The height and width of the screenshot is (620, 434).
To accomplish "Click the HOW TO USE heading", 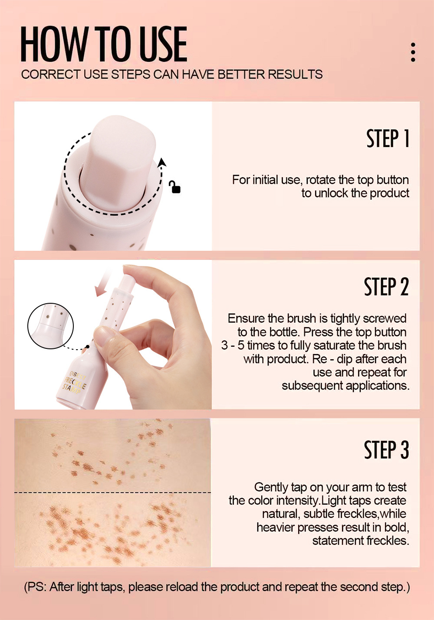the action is pos(104,44).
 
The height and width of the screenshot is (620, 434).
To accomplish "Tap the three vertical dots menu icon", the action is pos(413,52).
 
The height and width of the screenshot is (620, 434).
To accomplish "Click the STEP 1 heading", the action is pos(388,138).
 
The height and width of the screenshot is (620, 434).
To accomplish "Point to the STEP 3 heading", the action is pos(386,450).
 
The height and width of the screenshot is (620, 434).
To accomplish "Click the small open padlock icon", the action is pos(174,187).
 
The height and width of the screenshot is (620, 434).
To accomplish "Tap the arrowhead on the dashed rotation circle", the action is pos(162,162).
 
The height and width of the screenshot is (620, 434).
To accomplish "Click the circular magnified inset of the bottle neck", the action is pos(51,325).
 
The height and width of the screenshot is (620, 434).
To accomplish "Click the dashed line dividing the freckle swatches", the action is pos(113,492).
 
